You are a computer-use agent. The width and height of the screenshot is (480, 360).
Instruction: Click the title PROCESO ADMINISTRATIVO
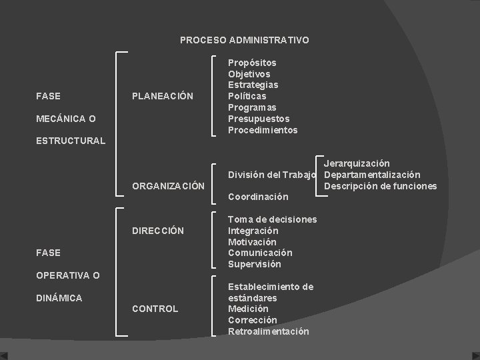pos(244,40)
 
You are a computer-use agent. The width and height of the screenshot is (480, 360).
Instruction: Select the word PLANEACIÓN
pos(163,96)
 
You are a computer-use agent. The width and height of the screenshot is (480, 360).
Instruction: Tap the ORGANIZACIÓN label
pos(168,186)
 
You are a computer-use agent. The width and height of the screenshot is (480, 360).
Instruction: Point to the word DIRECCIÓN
pos(158,231)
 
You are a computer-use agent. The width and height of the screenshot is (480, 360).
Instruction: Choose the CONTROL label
pos(155,309)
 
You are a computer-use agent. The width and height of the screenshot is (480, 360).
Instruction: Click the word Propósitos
pos(252,63)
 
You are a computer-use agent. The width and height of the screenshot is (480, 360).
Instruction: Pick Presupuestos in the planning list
pos(259,119)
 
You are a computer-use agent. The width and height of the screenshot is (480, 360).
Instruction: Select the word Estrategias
pos(253,85)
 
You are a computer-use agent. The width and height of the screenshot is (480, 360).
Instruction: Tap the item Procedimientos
pos(263,130)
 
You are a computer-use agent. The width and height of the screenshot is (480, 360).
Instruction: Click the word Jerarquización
pos(357,163)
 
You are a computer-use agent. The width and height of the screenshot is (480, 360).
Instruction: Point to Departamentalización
pos(372,175)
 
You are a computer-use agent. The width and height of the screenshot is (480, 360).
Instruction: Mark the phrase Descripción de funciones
pos(380,186)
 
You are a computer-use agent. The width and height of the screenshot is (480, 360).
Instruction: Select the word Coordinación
pos(258,197)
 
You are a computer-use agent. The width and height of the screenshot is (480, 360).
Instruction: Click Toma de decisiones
pos(272,219)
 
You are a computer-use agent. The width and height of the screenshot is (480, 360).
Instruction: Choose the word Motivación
pos(252,242)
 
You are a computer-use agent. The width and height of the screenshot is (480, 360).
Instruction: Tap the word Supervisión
pos(254,264)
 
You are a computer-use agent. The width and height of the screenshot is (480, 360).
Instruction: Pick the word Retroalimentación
pos(268,331)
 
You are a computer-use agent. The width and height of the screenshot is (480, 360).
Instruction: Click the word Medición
pos(248,309)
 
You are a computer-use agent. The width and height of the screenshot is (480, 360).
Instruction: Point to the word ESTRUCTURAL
pos(71,141)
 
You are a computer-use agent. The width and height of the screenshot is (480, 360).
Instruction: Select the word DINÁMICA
pos(59,298)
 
